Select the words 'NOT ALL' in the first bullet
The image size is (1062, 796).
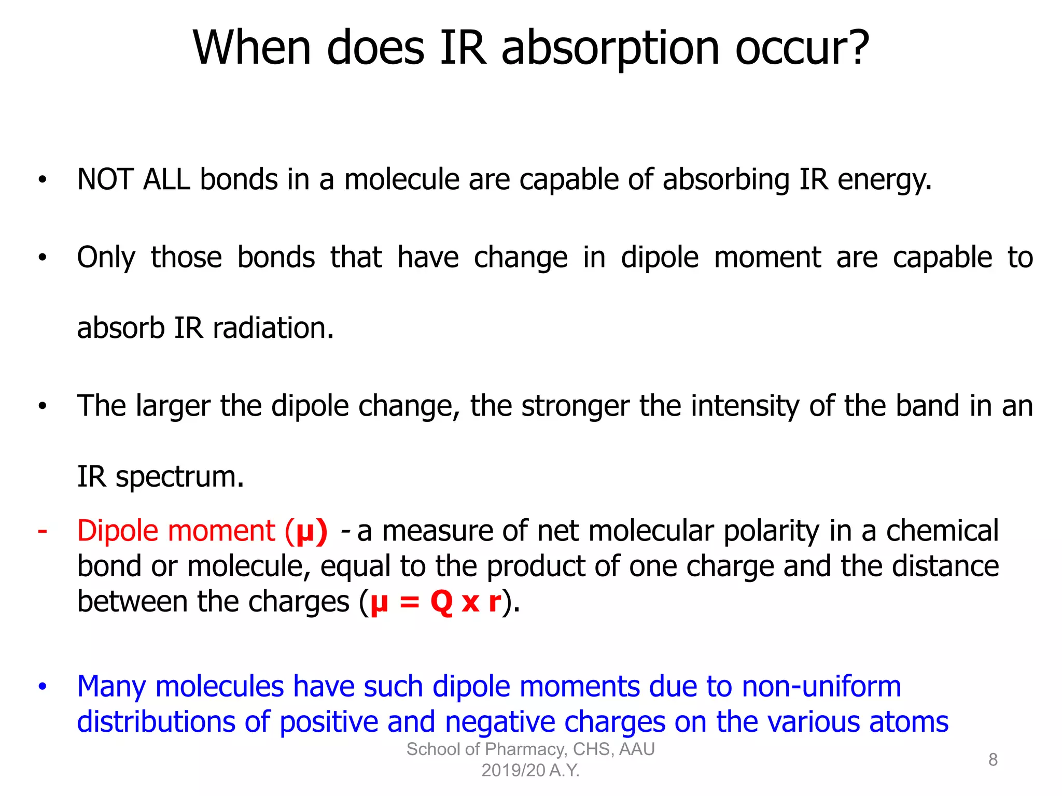click(133, 180)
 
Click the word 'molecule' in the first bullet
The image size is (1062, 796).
click(401, 180)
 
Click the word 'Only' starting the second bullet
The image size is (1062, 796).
click(106, 258)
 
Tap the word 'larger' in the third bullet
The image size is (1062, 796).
click(173, 406)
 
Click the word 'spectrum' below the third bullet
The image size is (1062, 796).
click(179, 477)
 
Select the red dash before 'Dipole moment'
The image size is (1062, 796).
click(43, 531)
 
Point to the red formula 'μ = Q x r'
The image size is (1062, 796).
click(436, 602)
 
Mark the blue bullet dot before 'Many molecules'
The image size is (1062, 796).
click(43, 687)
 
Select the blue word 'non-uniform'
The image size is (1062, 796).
click(821, 687)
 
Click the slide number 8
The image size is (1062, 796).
click(993, 760)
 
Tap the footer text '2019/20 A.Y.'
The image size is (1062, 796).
click(530, 771)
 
